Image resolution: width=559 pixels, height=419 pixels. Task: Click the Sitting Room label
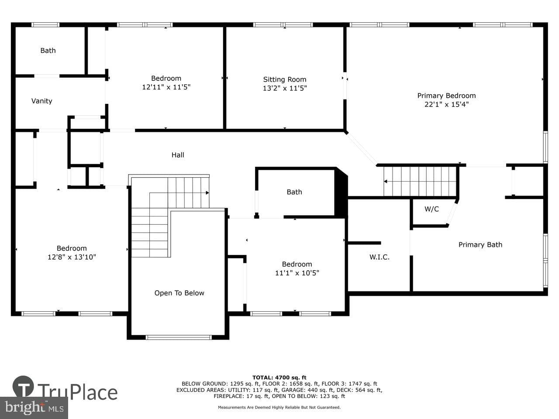coord(284,79)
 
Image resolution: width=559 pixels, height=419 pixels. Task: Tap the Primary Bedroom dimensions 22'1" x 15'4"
coord(446,104)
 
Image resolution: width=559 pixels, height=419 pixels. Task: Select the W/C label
coord(431,209)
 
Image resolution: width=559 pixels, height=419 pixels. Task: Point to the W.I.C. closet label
coord(379,257)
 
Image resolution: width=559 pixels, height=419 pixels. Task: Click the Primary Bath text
coord(480,245)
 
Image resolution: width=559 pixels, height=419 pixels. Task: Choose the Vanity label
coord(42,101)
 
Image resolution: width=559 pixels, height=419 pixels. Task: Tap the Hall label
coord(177,155)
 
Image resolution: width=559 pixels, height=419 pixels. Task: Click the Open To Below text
coord(179,293)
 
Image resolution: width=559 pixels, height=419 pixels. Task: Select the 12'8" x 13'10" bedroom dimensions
coord(72,257)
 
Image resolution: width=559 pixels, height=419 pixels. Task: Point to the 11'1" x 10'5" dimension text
coord(297,273)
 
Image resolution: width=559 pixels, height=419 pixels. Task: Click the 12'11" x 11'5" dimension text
coord(166,87)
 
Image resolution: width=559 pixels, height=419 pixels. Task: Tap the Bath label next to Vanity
coord(48,51)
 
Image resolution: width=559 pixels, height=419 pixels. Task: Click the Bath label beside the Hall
coord(294,192)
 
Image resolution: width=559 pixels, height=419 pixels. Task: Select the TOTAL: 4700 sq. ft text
coord(279,378)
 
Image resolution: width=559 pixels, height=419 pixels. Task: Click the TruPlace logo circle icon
coord(23,386)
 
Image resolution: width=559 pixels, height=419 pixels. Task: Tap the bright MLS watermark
coord(34,408)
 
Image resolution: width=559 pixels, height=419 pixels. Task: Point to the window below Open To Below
coord(179,337)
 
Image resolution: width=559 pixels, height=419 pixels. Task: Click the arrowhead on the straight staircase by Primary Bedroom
coord(386,182)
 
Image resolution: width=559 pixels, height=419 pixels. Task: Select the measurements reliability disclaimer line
coord(279,407)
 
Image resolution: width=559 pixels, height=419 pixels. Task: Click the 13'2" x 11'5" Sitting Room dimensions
coord(284,88)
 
